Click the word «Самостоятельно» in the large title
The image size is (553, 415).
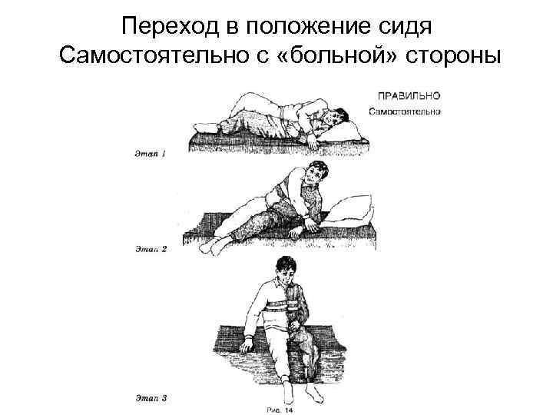pos(161,56)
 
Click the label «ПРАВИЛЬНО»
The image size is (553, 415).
pos(407,96)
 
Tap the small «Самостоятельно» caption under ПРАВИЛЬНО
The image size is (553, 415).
pos(404,112)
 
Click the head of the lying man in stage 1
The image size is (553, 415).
pos(329,119)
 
